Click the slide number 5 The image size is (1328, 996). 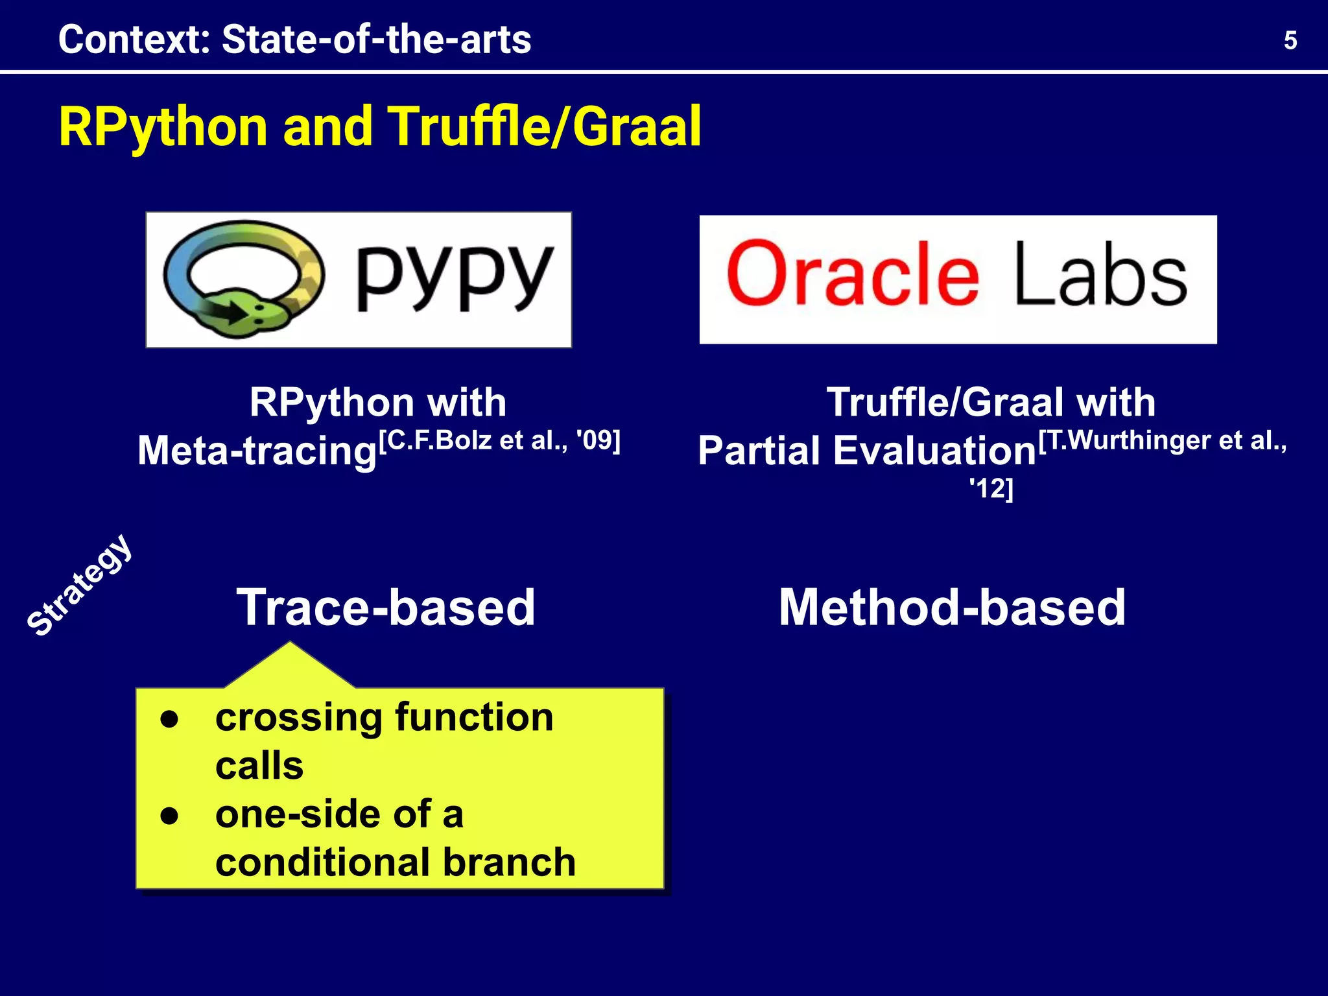(x=1290, y=41)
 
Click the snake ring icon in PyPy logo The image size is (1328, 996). (x=243, y=279)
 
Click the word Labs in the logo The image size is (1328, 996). (x=1100, y=275)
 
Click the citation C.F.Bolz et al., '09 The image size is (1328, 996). (x=499, y=440)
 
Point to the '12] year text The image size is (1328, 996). (x=991, y=488)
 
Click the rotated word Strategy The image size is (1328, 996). (x=80, y=585)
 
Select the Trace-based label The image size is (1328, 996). (x=386, y=608)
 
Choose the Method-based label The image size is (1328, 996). (x=952, y=608)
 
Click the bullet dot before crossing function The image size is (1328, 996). (x=169, y=719)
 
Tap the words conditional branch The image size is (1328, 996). (x=396, y=863)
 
